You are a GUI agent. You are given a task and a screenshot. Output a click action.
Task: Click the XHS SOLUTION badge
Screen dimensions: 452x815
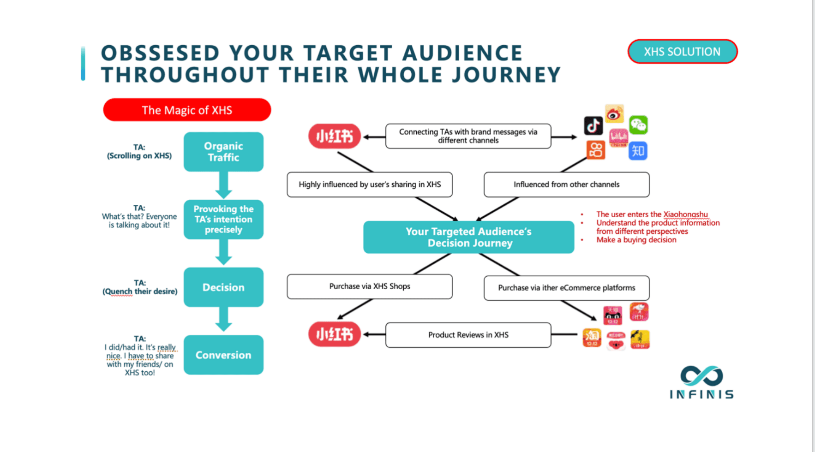click(x=682, y=52)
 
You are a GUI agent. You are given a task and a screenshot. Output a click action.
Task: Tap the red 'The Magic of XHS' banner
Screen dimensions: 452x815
click(x=187, y=110)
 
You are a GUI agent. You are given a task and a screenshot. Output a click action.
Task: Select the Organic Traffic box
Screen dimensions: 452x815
click(x=223, y=152)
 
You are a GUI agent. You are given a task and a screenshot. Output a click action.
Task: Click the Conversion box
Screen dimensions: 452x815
click(x=223, y=355)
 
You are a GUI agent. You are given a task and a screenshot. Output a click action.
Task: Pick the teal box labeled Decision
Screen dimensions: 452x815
click(x=223, y=287)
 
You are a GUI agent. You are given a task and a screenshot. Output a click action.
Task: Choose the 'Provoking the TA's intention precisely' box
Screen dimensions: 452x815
click(x=223, y=220)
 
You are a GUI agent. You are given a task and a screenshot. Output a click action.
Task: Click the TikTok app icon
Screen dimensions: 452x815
click(x=593, y=125)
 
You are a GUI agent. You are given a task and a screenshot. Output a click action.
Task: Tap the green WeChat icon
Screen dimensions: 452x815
click(x=639, y=125)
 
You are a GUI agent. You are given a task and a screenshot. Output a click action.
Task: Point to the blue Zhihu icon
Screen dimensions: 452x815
click(x=638, y=151)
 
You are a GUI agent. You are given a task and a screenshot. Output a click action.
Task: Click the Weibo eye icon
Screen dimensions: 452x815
click(x=614, y=114)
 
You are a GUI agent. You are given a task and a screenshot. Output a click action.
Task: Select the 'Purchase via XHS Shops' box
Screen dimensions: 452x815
click(x=370, y=286)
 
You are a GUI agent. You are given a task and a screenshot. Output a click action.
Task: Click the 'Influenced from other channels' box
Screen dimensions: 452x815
click(x=566, y=184)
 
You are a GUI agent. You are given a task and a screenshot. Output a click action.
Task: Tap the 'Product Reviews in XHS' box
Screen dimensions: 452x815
click(x=468, y=335)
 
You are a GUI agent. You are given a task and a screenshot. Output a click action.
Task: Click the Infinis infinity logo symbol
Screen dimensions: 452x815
click(x=701, y=376)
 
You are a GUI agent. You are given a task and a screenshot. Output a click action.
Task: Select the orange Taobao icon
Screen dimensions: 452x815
click(x=592, y=338)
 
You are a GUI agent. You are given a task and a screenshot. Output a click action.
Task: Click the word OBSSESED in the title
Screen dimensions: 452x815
click(x=160, y=53)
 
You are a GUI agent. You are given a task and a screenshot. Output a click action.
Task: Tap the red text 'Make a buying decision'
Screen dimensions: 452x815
click(x=636, y=240)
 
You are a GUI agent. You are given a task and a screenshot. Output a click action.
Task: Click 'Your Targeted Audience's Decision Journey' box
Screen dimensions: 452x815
click(x=468, y=237)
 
